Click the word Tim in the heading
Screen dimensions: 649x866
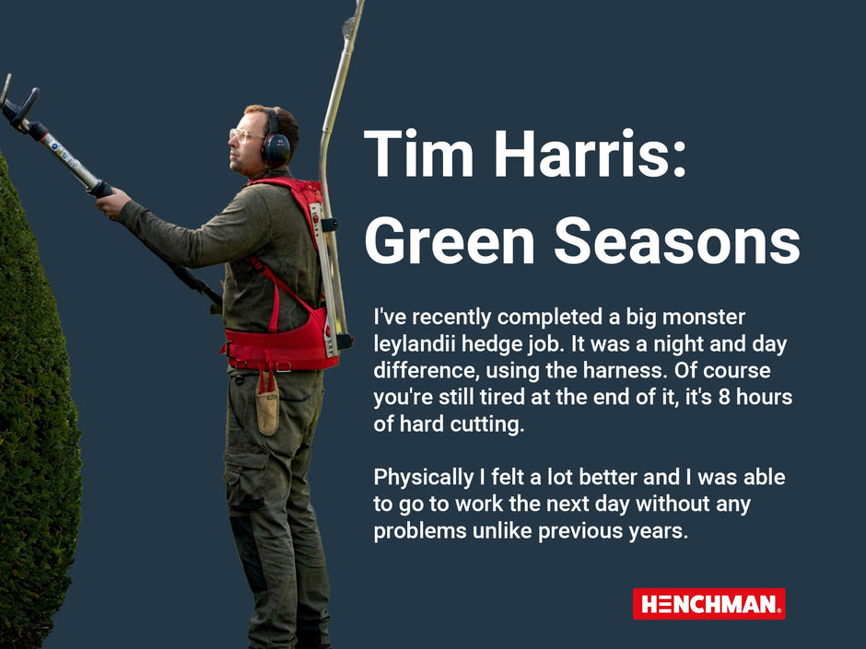pyautogui.click(x=415, y=156)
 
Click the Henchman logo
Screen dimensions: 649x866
pyautogui.click(x=708, y=604)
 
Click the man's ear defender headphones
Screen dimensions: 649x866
pyautogui.click(x=275, y=147)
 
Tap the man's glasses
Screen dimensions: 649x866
pyautogui.click(x=244, y=135)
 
